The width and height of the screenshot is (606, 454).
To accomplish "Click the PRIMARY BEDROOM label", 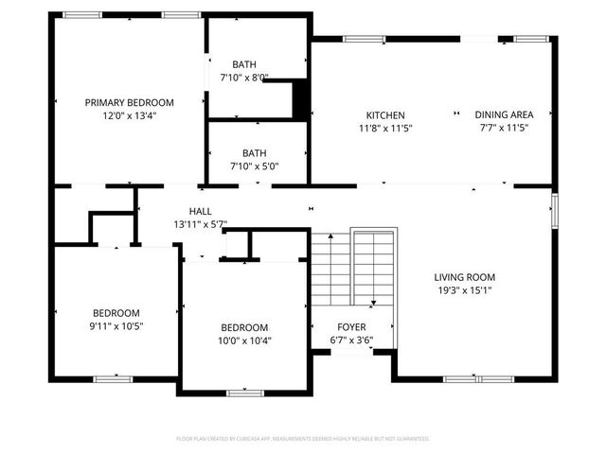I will [129, 102].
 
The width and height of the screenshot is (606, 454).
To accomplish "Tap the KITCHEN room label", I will [385, 114].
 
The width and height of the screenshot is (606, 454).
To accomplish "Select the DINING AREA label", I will [504, 114].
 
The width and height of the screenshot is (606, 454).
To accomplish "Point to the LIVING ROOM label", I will [465, 277].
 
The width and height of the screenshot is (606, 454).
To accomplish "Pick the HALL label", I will [200, 211].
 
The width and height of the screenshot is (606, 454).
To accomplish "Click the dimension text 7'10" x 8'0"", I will [244, 78].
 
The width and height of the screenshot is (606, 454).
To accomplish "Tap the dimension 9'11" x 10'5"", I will [116, 326].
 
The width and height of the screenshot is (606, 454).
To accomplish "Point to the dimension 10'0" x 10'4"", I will [244, 340].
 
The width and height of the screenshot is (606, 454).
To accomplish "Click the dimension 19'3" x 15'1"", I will [465, 290].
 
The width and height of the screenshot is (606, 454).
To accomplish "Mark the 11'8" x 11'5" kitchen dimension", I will [385, 128].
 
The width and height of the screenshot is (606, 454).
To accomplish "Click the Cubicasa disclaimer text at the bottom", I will [303, 439].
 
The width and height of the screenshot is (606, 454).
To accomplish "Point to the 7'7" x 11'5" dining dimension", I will [504, 128].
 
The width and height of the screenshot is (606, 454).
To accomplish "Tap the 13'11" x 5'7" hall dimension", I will [200, 224].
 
